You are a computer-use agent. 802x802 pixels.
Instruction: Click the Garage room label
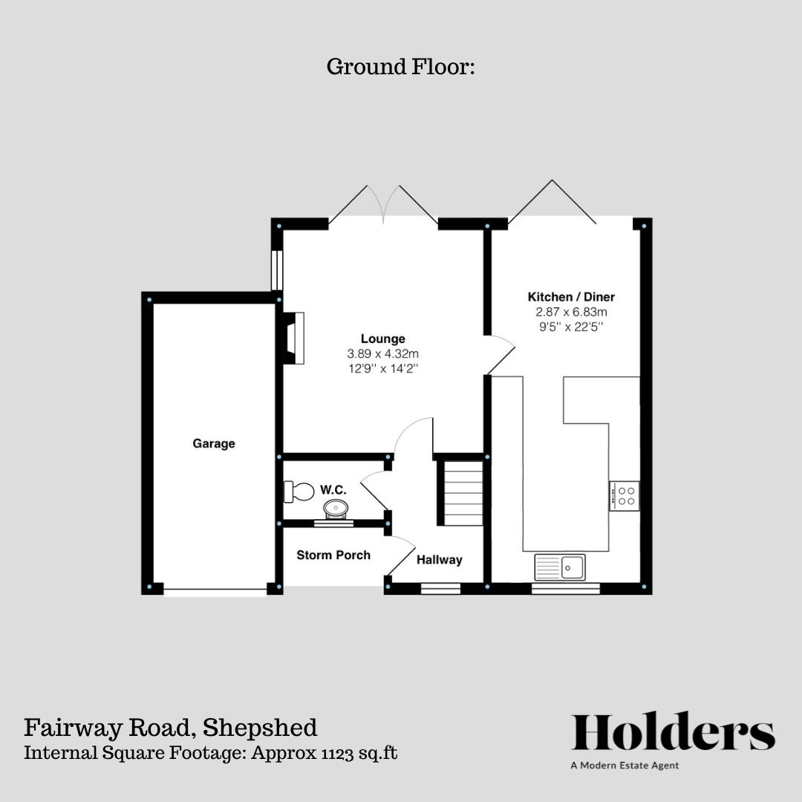point(214,444)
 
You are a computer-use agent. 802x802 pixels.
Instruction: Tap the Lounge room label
point(383,339)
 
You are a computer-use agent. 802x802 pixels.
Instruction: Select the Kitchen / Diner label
point(571,297)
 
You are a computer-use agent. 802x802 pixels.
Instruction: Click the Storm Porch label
point(333,555)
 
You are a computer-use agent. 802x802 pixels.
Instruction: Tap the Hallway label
point(439,560)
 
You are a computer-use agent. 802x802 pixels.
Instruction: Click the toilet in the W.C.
point(299,491)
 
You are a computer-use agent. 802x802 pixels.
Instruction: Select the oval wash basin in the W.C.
point(336,509)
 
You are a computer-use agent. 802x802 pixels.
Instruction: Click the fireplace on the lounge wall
point(295,339)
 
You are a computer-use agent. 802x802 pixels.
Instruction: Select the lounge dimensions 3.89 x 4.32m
point(383,354)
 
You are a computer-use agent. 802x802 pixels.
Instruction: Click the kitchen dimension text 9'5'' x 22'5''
point(570,327)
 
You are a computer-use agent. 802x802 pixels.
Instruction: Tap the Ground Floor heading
point(400,67)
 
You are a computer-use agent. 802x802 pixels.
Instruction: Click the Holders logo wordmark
point(673,733)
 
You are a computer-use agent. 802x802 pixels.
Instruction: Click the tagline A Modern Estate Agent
point(625,766)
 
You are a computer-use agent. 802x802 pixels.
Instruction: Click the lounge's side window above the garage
point(276,270)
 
